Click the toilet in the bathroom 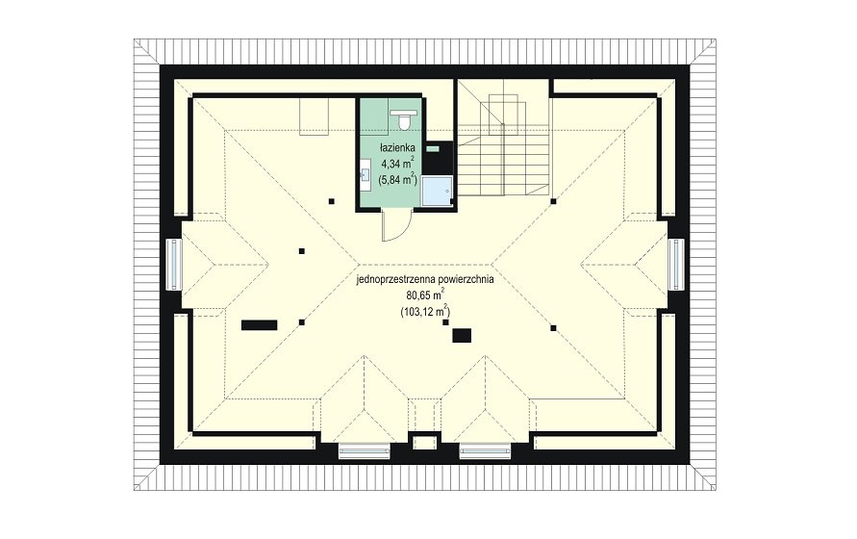click(404, 120)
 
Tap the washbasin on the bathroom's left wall click(365, 176)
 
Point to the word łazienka click(398, 147)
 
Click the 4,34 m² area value click(397, 162)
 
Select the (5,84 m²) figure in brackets click(397, 178)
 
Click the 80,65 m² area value click(425, 295)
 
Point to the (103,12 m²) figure click(425, 311)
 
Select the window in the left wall click(174, 265)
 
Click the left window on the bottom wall click(364, 451)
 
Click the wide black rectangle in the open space click(259, 325)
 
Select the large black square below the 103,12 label click(462, 336)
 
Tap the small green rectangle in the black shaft click(433, 148)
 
